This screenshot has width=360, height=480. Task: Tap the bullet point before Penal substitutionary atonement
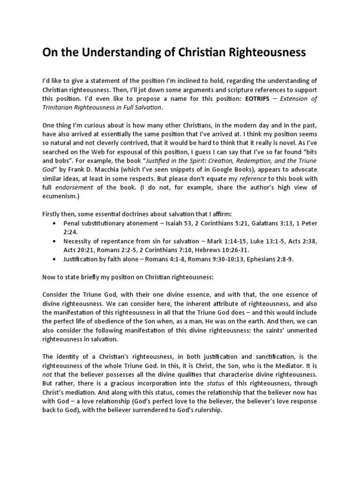[57, 224]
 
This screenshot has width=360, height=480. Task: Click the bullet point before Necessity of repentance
[57, 242]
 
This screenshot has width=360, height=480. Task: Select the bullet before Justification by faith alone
[57, 259]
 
